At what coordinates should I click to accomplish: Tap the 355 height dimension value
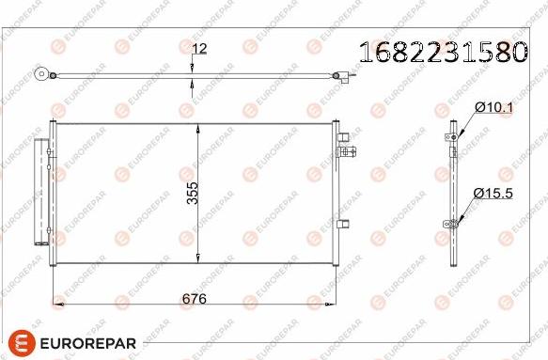click(x=192, y=192)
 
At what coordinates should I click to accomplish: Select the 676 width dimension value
click(x=194, y=298)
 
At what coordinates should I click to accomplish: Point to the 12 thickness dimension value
click(x=199, y=49)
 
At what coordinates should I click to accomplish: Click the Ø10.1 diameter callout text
click(x=493, y=109)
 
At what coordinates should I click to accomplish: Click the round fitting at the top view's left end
click(x=41, y=74)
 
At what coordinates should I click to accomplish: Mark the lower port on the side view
click(x=452, y=224)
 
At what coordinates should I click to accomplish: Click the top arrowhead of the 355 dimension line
click(x=196, y=128)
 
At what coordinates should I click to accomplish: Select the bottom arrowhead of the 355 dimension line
click(x=196, y=258)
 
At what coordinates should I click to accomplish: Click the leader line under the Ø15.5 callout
click(x=466, y=210)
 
